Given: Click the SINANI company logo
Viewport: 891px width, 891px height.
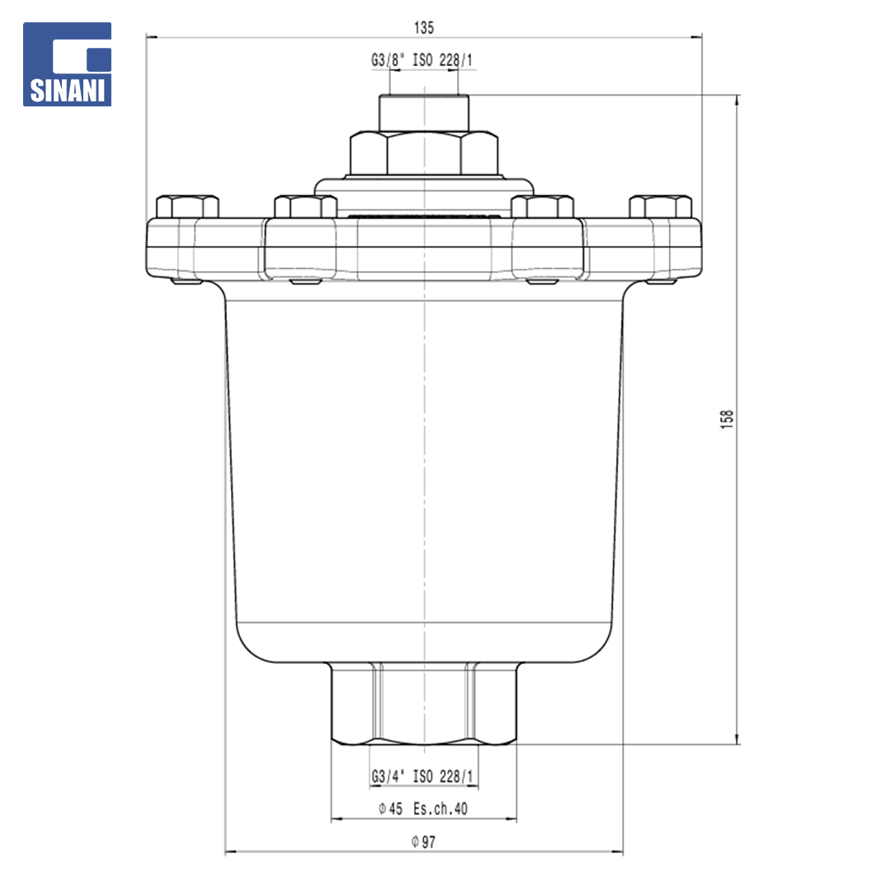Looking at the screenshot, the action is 67,64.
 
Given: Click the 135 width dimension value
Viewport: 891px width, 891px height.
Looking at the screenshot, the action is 424,27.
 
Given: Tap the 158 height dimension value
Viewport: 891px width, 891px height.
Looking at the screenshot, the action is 727,419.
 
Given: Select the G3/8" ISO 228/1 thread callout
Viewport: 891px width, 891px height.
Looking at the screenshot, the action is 422,59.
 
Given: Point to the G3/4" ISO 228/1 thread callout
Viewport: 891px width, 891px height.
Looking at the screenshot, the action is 422,776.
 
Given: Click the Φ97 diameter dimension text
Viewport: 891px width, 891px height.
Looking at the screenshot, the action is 423,841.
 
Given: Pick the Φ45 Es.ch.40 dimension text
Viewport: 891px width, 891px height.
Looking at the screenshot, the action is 422,808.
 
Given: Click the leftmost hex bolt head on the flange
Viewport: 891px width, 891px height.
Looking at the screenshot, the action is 187,207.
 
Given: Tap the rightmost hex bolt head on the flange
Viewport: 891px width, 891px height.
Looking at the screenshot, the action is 661,207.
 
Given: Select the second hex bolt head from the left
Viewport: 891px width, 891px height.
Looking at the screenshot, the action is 306,207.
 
